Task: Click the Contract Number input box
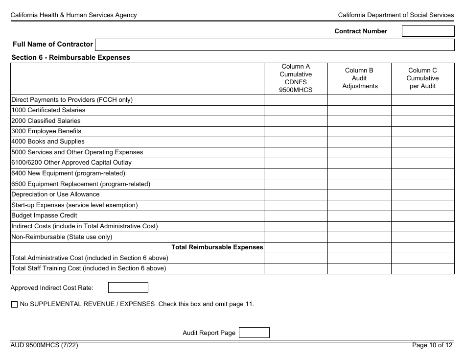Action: pos(428,31)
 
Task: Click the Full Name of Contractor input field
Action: pos(275,45)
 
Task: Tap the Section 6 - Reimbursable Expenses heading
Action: pos(71,57)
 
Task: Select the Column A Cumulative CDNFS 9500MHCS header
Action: pos(296,78)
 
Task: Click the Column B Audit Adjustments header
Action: pos(359,78)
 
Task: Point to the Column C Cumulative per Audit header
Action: pos(422,78)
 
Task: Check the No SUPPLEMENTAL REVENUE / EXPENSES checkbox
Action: pos(14,304)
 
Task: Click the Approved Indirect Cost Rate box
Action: pos(128,288)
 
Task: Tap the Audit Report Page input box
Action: pos(254,333)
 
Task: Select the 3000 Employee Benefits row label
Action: pos(46,131)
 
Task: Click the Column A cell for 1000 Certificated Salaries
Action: pos(296,110)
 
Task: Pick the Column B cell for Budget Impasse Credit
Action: pos(359,216)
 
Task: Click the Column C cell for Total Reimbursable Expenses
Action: pos(422,247)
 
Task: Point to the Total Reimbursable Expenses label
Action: pos(217,247)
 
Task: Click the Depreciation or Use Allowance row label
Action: pos(55,194)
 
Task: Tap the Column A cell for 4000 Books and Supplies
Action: pos(296,142)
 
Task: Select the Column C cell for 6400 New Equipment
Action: pos(422,173)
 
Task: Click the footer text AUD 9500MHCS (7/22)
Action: pos(44,345)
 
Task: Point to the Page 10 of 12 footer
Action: pos(433,345)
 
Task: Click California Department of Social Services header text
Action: pos(395,15)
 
